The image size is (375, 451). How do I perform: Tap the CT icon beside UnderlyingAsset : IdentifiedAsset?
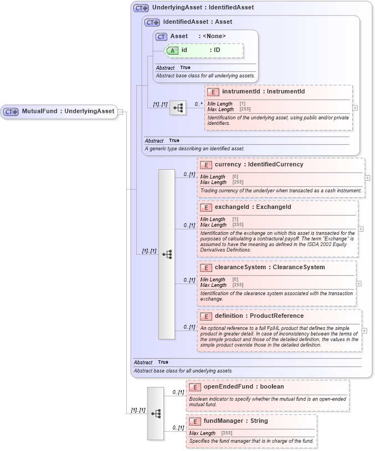141,8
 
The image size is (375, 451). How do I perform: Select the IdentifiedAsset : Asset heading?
197,22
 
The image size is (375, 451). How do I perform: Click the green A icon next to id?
172,50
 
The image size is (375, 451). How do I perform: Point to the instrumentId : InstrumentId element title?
263,92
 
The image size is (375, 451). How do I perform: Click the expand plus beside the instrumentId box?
355,108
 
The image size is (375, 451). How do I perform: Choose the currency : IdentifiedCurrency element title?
259,165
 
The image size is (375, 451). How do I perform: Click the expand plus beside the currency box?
368,178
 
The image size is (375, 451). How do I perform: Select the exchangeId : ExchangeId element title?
253,207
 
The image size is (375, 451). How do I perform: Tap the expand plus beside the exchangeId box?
361,228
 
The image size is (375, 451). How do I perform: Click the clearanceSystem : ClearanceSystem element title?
270,268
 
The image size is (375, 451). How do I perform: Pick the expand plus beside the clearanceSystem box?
359,284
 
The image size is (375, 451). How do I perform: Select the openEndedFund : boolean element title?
243,387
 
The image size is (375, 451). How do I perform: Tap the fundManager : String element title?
235,421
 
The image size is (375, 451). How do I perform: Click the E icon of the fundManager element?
194,422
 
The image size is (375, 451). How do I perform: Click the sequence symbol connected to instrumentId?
178,108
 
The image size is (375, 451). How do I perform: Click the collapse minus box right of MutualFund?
121,112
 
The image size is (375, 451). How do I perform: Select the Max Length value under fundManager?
227,433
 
